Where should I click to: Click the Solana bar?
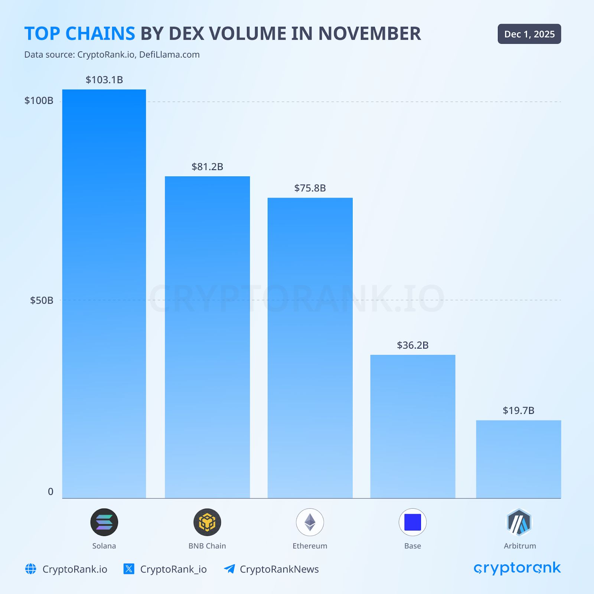click(x=104, y=293)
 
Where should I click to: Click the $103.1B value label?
click(x=104, y=80)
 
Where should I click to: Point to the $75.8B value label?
click(x=310, y=188)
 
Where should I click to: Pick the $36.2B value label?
click(x=412, y=345)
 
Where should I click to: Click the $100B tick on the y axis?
click(x=39, y=101)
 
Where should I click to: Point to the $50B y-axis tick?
click(x=42, y=300)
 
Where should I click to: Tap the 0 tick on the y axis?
click(x=50, y=492)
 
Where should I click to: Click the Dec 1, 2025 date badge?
click(x=529, y=34)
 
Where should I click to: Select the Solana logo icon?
click(x=104, y=522)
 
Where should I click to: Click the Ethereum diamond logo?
click(x=310, y=522)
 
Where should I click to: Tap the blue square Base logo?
click(x=412, y=522)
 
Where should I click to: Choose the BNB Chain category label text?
click(x=207, y=546)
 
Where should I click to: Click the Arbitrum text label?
click(x=520, y=546)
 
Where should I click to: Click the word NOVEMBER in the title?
click(x=369, y=34)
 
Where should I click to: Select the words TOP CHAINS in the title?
click(x=80, y=34)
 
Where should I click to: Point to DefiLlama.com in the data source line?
click(x=169, y=55)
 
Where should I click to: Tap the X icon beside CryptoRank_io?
click(x=129, y=569)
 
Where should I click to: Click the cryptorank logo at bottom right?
click(x=517, y=568)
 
